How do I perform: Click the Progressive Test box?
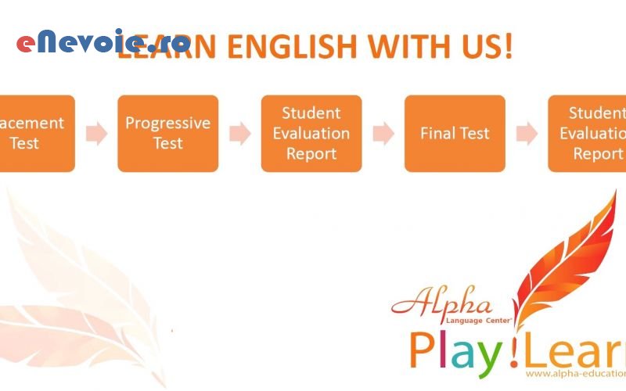pyautogui.click(x=168, y=134)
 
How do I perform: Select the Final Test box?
pyautogui.click(x=455, y=134)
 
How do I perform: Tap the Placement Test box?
pyautogui.click(x=35, y=134)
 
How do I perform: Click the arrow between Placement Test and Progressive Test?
pyautogui.click(x=96, y=134)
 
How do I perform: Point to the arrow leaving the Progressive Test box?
pyautogui.click(x=239, y=134)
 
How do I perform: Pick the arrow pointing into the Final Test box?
pyautogui.click(x=383, y=134)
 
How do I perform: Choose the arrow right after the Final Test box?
pyautogui.click(x=527, y=134)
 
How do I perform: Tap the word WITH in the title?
pyautogui.click(x=406, y=47)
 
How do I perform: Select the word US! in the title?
pyautogui.click(x=484, y=47)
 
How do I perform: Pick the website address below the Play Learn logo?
pyautogui.click(x=575, y=375)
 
